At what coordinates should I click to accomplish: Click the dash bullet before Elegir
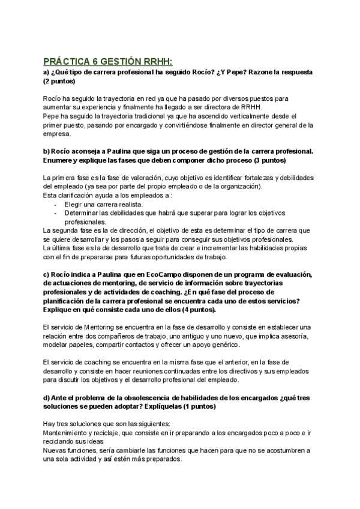tap(55, 204)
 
